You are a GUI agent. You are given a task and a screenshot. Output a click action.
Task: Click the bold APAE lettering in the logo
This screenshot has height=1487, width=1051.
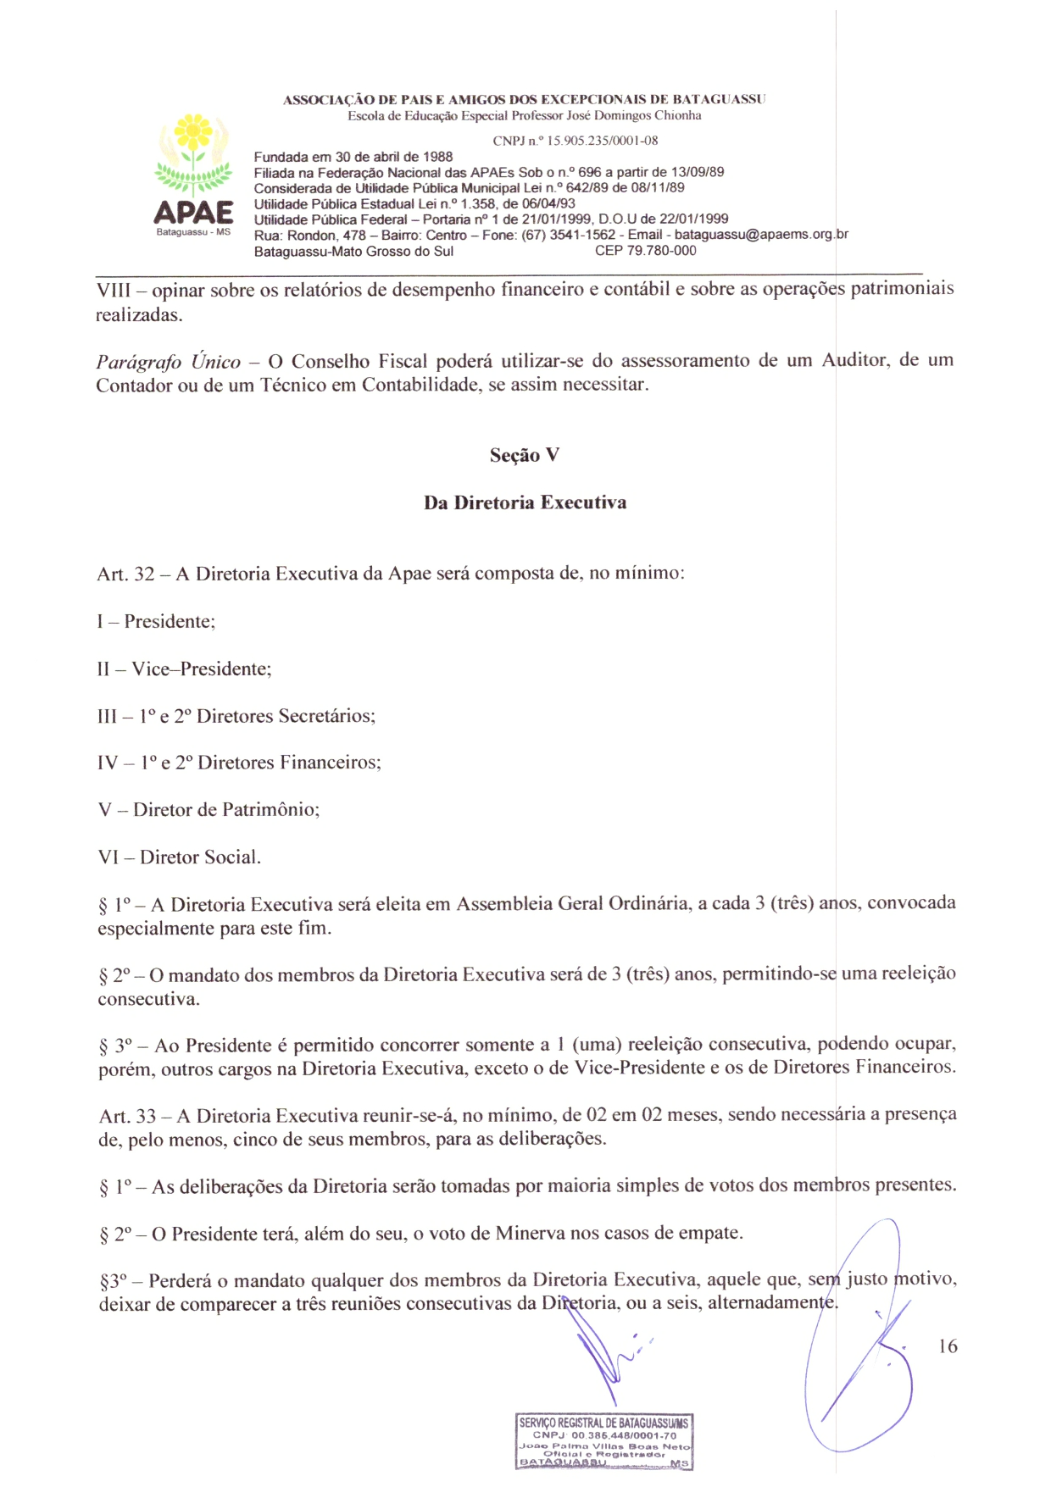click(193, 212)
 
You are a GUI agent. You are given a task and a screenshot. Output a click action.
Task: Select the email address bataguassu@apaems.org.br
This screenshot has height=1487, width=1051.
click(761, 235)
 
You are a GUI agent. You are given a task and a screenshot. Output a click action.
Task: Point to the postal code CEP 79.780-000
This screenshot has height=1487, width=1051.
click(645, 251)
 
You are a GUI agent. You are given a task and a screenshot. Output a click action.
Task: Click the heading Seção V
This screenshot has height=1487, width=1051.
click(525, 455)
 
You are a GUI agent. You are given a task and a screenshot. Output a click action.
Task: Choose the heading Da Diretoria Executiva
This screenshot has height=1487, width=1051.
click(525, 502)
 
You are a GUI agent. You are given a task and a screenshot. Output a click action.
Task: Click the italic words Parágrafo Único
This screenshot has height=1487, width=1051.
click(168, 362)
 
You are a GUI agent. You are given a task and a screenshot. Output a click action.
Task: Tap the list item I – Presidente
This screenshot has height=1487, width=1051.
click(156, 621)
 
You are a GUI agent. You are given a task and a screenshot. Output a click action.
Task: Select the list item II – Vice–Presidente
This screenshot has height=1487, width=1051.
click(184, 669)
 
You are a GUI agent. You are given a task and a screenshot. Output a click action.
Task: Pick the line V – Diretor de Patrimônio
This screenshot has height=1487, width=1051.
click(209, 809)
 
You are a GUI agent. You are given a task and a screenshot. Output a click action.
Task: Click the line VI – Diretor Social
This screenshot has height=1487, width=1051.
click(179, 857)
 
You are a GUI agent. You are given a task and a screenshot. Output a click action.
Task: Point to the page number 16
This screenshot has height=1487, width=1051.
click(948, 1346)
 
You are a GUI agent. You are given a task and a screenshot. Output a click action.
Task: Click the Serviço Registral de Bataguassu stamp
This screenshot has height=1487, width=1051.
click(604, 1441)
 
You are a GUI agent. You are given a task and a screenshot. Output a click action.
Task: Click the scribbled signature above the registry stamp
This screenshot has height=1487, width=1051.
click(606, 1356)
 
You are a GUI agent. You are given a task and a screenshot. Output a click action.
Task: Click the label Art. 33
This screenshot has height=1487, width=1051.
click(127, 1116)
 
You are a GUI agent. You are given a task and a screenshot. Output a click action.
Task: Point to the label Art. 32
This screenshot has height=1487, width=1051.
click(125, 574)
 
